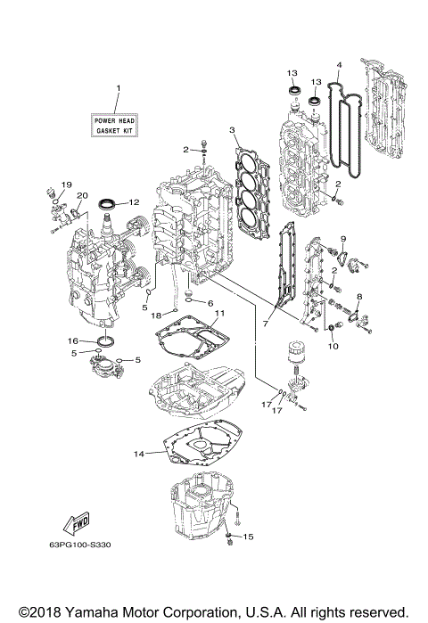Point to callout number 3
click(233, 131)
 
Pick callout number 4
click(340, 64)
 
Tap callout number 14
click(138, 454)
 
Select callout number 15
click(249, 537)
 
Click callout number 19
click(65, 184)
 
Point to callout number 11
click(219, 313)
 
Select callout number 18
click(155, 316)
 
